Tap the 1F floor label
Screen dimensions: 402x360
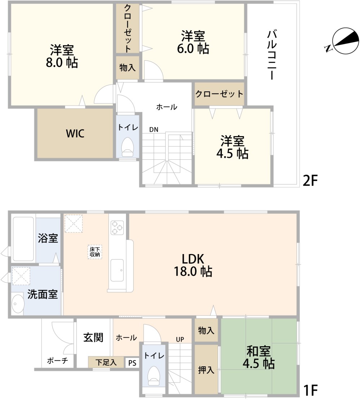click(310, 390)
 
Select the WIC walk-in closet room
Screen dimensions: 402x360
click(75, 134)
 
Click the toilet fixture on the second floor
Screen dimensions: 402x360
click(127, 148)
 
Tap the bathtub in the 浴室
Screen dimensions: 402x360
click(23, 239)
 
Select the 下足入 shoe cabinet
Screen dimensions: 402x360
click(106, 362)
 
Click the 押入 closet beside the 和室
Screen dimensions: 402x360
click(206, 370)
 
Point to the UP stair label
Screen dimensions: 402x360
click(180, 339)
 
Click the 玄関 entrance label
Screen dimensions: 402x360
click(94, 337)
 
